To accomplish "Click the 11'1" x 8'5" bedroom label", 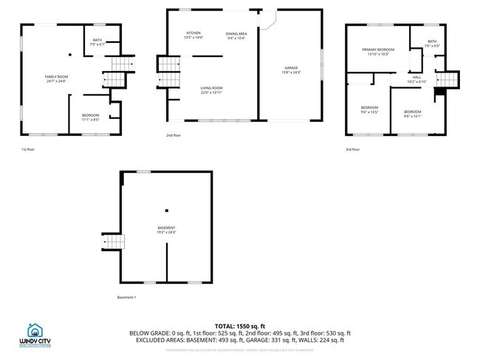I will pyautogui.click(x=91, y=116).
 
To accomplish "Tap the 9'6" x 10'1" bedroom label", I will pyautogui.click(x=412, y=114).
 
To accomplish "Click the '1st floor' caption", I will pyautogui.click(x=28, y=150).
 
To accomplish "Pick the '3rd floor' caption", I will pyautogui.click(x=353, y=149).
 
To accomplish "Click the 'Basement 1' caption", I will pyautogui.click(x=127, y=297).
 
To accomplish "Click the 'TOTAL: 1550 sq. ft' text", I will pyautogui.click(x=240, y=326).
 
